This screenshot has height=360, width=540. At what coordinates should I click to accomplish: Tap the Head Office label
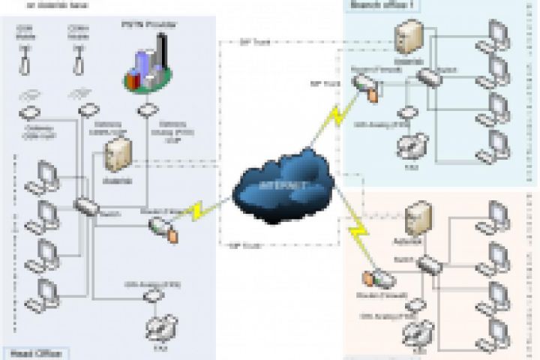click(x=34, y=352)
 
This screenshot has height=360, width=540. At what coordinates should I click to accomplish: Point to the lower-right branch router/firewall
click(x=375, y=278)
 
